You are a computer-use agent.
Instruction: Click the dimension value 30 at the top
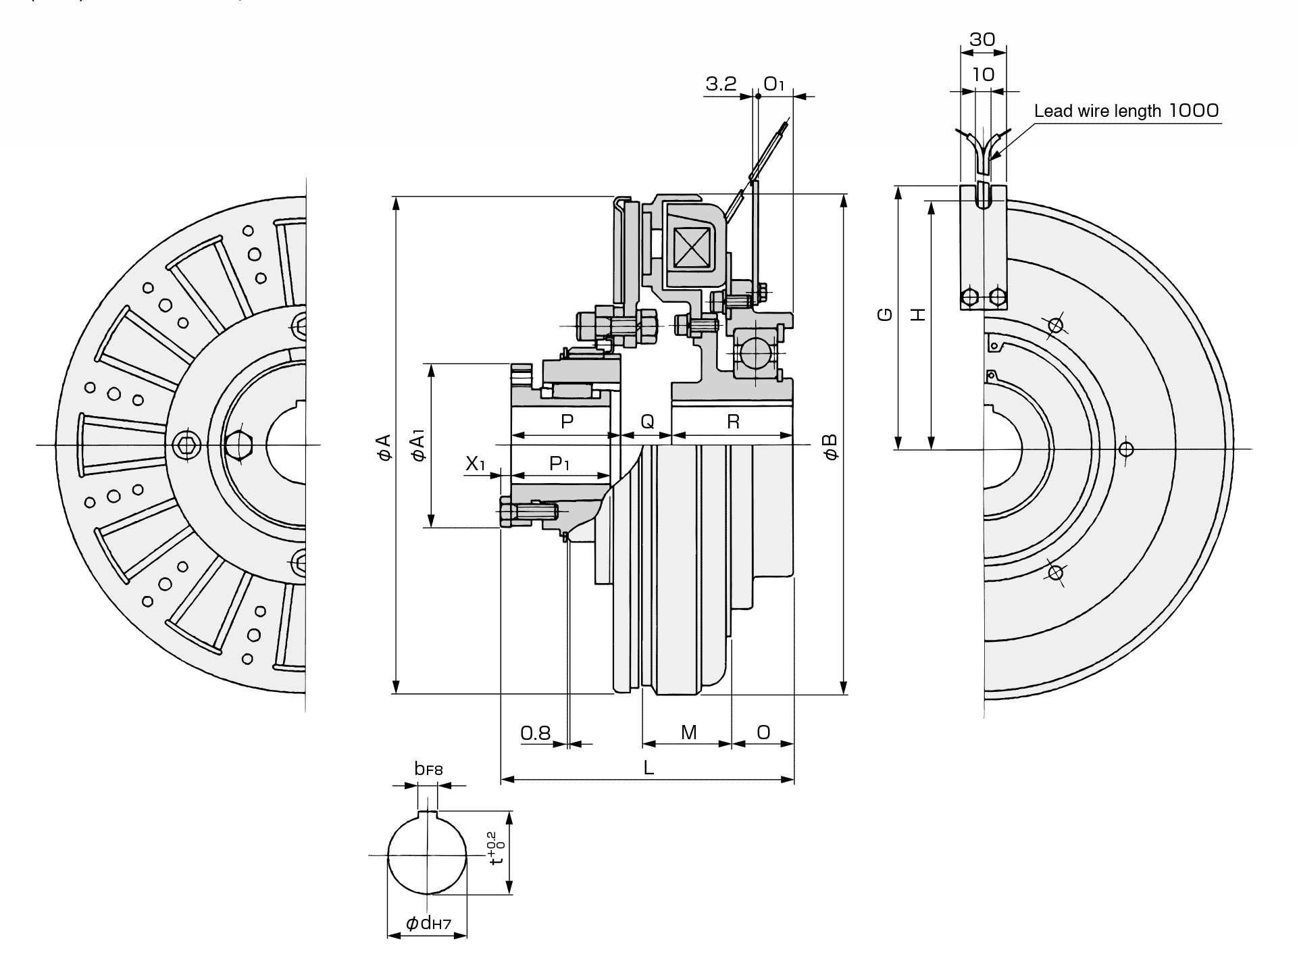982,39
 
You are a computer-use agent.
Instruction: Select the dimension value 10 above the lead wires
983,74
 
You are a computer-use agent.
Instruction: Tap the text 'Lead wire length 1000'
1126,110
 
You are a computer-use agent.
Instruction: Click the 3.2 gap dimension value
721,84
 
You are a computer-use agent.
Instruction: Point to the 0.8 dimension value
536,732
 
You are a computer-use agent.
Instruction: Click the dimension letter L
648,767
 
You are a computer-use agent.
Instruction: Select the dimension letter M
688,732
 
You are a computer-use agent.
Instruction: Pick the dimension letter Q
647,422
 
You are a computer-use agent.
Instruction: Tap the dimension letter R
733,422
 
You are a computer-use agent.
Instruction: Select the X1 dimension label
476,464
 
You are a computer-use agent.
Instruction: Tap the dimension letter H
917,314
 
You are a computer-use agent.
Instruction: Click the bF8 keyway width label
428,769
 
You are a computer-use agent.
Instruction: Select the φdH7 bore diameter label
428,923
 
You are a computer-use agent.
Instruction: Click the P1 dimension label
559,464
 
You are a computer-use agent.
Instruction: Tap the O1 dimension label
774,84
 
